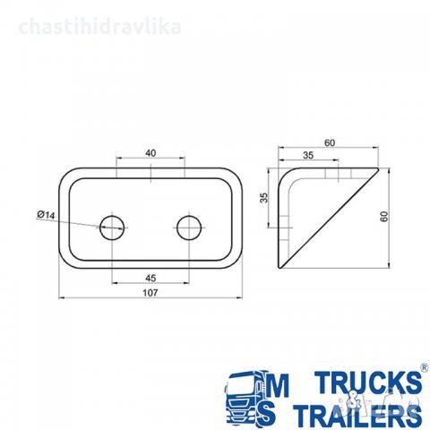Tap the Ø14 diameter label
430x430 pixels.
(x=46, y=215)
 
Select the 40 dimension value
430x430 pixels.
(x=150, y=153)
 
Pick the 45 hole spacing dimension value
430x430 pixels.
(x=150, y=279)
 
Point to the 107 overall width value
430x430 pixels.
(x=150, y=293)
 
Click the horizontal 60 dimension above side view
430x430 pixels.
(x=330, y=143)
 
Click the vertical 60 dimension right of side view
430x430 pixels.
(x=384, y=216)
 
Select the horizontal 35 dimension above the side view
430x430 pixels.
(x=308, y=155)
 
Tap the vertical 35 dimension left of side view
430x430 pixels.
(x=264, y=198)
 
